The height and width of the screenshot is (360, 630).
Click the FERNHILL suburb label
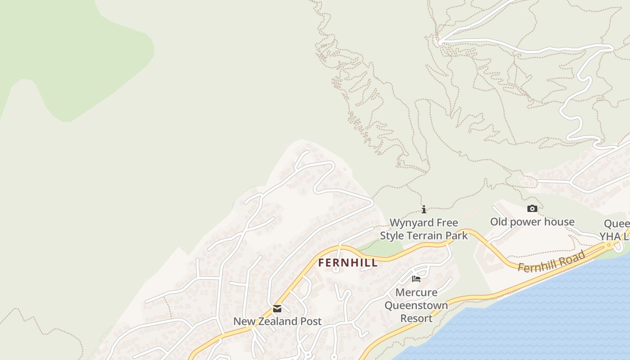tap(348, 263)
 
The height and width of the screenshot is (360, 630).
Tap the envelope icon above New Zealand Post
tap(277, 309)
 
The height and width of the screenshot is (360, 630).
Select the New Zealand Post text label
tap(277, 321)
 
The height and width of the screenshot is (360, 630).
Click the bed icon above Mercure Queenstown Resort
tap(416, 279)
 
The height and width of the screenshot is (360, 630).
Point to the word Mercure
tap(416, 292)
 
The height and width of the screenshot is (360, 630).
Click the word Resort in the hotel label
tap(416, 318)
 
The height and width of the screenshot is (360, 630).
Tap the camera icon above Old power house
tap(532, 208)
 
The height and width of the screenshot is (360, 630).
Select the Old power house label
tap(532, 222)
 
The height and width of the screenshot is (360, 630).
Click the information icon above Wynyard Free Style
tap(424, 209)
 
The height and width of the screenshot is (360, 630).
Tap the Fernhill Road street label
tap(551, 261)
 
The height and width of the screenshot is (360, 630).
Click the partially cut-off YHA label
tap(609, 236)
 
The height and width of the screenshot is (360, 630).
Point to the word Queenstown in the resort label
tap(416, 306)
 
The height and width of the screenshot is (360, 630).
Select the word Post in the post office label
tap(311, 321)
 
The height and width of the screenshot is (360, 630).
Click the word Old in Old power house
tap(498, 222)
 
